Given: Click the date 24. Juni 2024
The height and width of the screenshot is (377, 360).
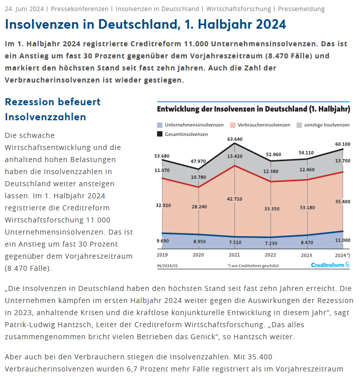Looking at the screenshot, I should tap(25, 9).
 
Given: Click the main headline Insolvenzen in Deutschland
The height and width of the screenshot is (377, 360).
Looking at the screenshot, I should tap(145, 24).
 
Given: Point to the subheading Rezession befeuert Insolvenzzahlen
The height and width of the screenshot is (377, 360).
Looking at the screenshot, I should tap(53, 109).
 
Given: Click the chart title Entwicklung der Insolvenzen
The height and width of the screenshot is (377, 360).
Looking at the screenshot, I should tap(253, 109).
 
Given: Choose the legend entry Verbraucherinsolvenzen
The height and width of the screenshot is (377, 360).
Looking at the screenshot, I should tap(259, 124).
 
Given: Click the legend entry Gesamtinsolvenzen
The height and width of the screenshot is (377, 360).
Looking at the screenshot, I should tap(182, 134).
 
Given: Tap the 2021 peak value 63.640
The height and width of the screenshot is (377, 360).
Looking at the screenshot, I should tap(235, 139).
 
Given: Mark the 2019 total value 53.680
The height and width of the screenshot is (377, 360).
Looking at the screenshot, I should tap(162, 156).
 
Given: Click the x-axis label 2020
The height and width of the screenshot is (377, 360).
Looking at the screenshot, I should tap(199, 256).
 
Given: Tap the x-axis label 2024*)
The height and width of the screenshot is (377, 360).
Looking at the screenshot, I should tap(341, 256).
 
